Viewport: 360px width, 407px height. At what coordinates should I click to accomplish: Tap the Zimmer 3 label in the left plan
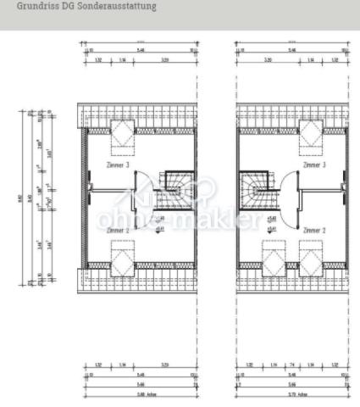pyautogui.click(x=116, y=166)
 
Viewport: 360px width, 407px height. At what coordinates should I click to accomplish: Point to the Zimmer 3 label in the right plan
pyautogui.click(x=313, y=166)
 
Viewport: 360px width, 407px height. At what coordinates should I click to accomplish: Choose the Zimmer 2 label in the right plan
pyautogui.click(x=313, y=230)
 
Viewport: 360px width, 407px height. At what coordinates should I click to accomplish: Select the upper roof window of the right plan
pyautogui.click(x=309, y=131)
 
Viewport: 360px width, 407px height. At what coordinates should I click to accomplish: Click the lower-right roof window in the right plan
pyautogui.click(x=309, y=258)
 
